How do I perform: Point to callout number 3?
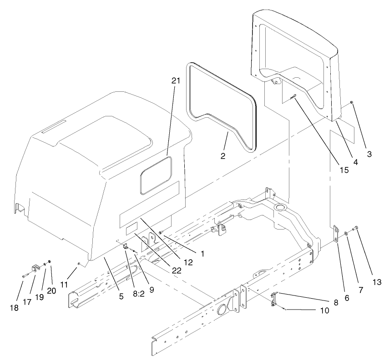[x=369, y=154]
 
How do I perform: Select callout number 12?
[x=188, y=262]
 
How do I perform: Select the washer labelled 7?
[x=347, y=233]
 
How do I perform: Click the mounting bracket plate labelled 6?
[x=335, y=234]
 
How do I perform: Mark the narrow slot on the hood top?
[x=59, y=127]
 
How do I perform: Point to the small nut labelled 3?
[x=352, y=103]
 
